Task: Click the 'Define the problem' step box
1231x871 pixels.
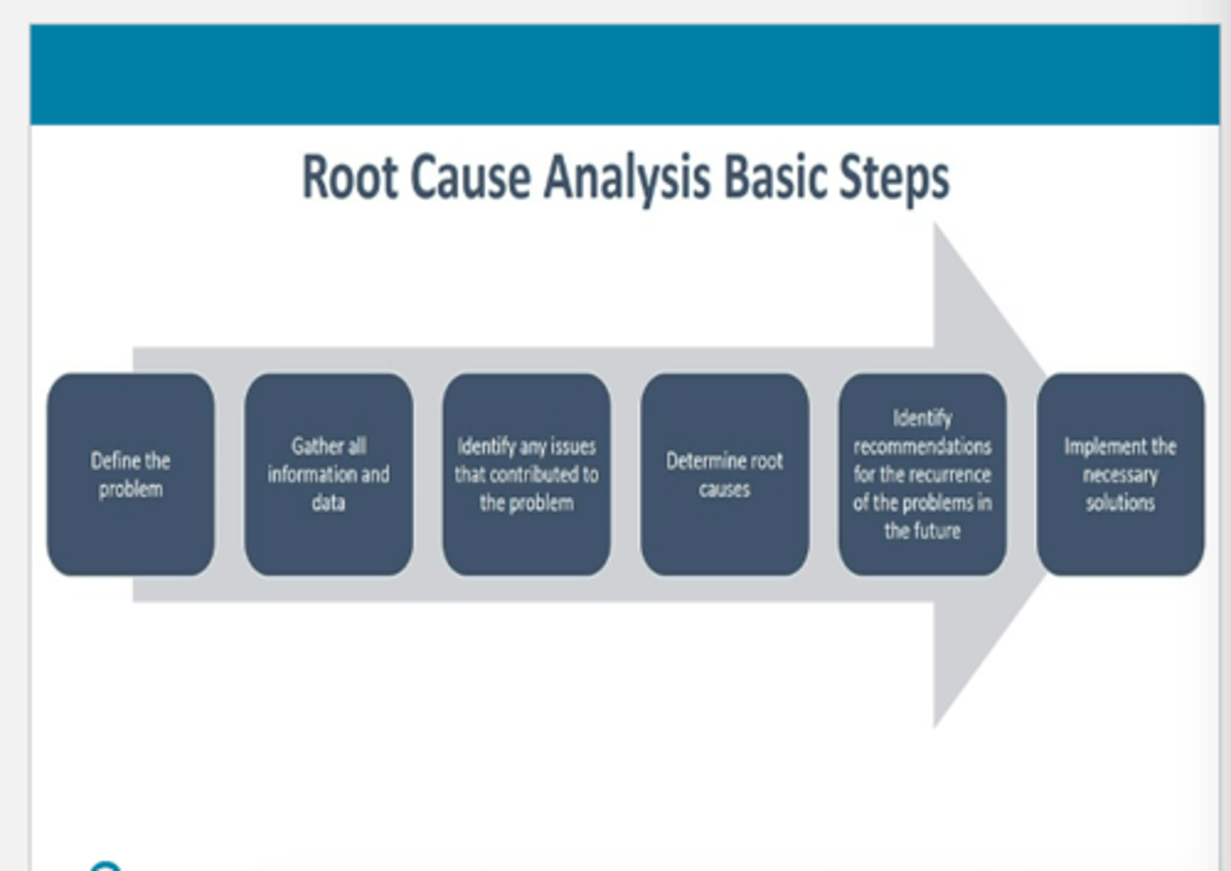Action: pyautogui.click(x=131, y=474)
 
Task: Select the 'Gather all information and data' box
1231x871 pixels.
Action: pyautogui.click(x=328, y=474)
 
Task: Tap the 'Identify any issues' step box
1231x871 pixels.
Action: pyautogui.click(x=527, y=474)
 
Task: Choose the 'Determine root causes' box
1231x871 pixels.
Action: pyautogui.click(x=724, y=474)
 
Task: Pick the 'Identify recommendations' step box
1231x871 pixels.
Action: pyautogui.click(x=922, y=474)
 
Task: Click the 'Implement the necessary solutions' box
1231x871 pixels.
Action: pyautogui.click(x=1120, y=474)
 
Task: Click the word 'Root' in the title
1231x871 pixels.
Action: pyautogui.click(x=350, y=178)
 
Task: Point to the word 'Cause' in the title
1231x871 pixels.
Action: pyautogui.click(x=470, y=178)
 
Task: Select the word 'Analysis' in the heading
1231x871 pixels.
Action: pyautogui.click(x=627, y=178)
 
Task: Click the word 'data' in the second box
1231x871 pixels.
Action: pyautogui.click(x=328, y=503)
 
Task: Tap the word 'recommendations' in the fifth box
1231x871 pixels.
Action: pyautogui.click(x=922, y=446)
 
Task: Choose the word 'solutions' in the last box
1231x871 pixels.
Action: pyautogui.click(x=1120, y=503)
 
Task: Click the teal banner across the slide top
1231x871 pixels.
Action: pyautogui.click(x=624, y=74)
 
